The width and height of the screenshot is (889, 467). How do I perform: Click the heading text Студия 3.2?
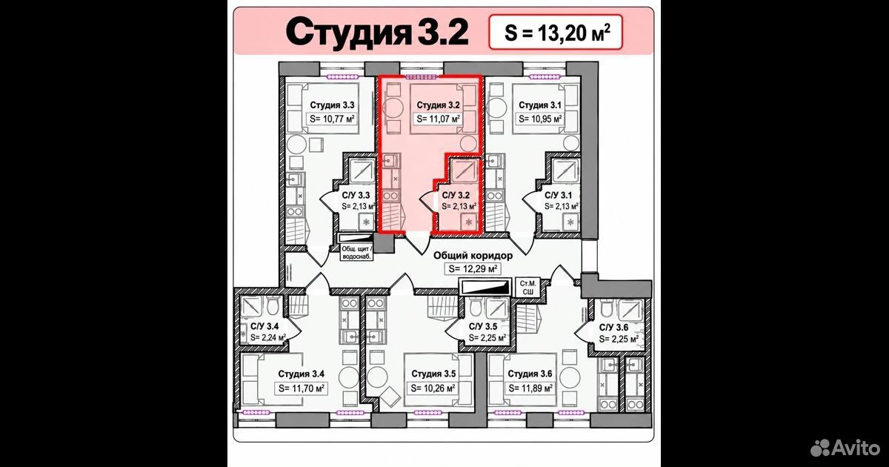point(377,33)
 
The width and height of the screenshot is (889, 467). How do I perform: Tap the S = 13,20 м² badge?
point(556,32)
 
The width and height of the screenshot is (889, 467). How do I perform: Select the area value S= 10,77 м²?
point(332,119)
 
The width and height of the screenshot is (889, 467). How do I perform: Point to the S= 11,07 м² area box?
point(438,119)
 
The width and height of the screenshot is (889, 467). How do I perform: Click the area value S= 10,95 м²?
point(540,119)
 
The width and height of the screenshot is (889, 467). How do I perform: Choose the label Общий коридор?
point(473,255)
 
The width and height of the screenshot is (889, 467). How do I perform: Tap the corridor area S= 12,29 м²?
point(473,269)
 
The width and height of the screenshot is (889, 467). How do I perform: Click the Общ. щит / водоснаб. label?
point(357,253)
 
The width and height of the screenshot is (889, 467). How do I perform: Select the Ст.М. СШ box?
point(527,288)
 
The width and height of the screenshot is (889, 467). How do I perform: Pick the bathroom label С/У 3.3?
point(356,196)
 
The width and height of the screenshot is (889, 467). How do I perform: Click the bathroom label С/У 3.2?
point(456,196)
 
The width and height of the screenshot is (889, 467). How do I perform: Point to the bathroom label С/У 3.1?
point(559,196)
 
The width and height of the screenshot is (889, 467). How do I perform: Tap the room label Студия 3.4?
point(302,374)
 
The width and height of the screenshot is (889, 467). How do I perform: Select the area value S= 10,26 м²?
point(433,388)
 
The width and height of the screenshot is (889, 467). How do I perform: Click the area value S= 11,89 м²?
point(530,388)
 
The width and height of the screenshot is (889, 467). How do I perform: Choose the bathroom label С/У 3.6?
point(613,328)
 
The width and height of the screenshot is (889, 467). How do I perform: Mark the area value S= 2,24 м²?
point(268,338)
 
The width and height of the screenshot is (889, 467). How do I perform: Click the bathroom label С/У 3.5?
point(483,327)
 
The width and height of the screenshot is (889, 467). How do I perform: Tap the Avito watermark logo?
point(845,448)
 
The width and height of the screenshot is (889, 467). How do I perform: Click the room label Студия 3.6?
point(530,374)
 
